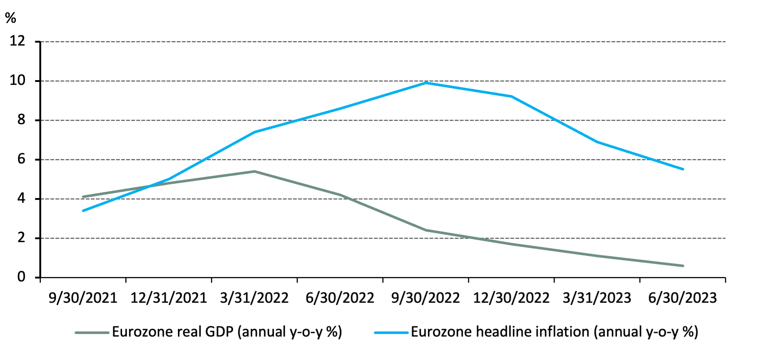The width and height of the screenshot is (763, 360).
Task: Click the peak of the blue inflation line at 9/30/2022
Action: pyautogui.click(x=426, y=83)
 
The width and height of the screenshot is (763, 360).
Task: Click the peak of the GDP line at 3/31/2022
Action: pyautogui.click(x=254, y=171)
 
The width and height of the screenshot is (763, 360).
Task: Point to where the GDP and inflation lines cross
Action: pyautogui.click(x=150, y=187)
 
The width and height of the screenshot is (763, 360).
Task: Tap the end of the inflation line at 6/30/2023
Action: pyautogui.click(x=683, y=169)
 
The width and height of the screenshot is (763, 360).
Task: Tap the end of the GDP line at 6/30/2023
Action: pyautogui.click(x=683, y=266)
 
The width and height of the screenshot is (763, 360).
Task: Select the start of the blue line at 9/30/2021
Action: pyautogui.click(x=83, y=210)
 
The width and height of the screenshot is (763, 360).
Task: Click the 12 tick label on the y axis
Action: pyautogui.click(x=17, y=41)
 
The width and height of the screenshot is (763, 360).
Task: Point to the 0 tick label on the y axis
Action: pyautogui.click(x=21, y=277)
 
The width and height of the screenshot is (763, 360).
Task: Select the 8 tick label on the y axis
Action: pyautogui.click(x=21, y=119)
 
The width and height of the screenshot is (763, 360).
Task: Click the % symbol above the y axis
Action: pyautogui.click(x=11, y=18)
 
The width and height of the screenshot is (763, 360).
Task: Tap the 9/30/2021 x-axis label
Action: pyautogui.click(x=83, y=298)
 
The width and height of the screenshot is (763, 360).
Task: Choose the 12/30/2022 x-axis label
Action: pyautogui.click(x=511, y=298)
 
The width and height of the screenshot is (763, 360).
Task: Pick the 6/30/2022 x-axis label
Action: pyautogui.click(x=340, y=298)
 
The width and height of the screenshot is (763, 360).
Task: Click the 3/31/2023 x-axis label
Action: pyautogui.click(x=597, y=298)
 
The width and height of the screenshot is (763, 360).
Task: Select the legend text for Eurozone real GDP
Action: pyautogui.click(x=227, y=332)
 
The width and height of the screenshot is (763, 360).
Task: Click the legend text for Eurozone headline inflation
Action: pyautogui.click(x=554, y=332)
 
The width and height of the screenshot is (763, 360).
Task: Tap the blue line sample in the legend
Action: pyautogui.click(x=391, y=333)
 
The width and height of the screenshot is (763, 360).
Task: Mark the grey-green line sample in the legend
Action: pyautogui.click(x=92, y=333)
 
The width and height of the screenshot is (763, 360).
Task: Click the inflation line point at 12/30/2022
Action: pyautogui.click(x=511, y=97)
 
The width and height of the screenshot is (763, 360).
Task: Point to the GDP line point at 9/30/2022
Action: pyautogui.click(x=426, y=230)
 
